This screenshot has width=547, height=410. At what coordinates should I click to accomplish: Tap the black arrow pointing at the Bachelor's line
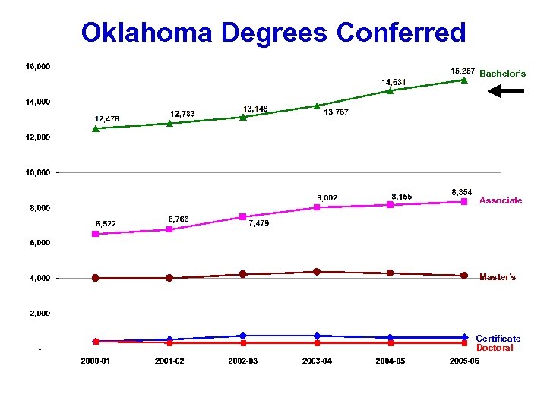[x=505, y=91]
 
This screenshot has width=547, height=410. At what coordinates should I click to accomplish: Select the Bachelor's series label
[x=502, y=74]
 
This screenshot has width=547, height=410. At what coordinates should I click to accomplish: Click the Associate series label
[x=501, y=200]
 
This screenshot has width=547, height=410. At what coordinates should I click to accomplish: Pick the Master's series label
[x=498, y=277]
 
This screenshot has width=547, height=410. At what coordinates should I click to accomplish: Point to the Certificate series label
[x=498, y=339]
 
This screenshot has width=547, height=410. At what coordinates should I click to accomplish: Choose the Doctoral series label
[x=495, y=348]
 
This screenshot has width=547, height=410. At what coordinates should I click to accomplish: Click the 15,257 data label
[x=463, y=71]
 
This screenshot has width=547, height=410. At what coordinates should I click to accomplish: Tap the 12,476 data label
[x=106, y=118]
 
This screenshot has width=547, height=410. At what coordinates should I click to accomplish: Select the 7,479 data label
[x=258, y=224]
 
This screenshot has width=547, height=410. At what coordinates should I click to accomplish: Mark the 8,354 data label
[x=463, y=192]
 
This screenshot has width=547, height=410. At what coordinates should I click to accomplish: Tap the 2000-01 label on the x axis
[x=96, y=361]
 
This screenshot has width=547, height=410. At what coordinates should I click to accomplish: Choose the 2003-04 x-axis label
[x=317, y=361]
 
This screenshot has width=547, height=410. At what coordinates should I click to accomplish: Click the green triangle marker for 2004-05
[x=390, y=90]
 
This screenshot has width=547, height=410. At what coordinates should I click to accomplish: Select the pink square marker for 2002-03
[x=243, y=217]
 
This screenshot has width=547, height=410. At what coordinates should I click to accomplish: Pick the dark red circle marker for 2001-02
[x=169, y=278]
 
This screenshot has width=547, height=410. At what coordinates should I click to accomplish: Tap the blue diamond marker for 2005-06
[x=464, y=337]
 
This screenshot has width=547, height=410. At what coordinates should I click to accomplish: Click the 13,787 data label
[x=337, y=113]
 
